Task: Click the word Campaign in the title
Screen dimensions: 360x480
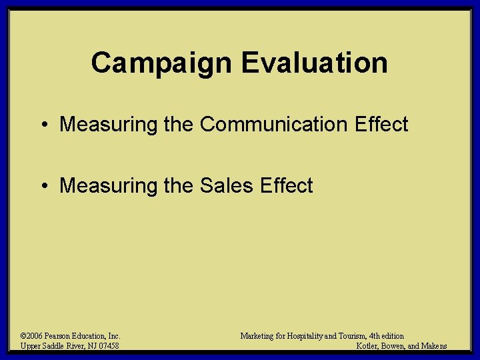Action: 162,63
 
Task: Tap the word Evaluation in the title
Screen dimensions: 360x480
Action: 314,63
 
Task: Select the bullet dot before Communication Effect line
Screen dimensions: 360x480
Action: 43,125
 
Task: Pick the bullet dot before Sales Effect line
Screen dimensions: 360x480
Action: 43,186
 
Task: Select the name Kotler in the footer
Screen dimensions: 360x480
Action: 368,346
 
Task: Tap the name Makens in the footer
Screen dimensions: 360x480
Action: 434,346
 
